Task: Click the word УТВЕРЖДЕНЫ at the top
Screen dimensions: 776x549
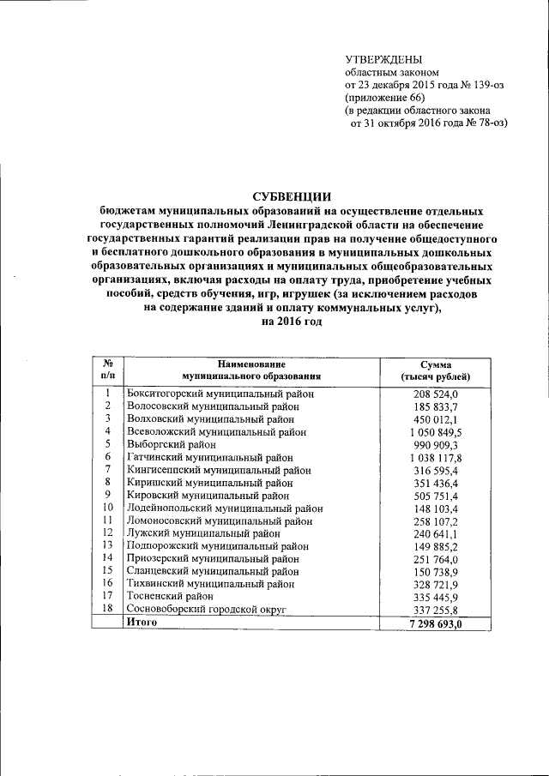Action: (x=383, y=59)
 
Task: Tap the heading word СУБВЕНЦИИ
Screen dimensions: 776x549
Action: (x=292, y=196)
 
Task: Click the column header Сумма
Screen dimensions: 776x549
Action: (x=436, y=364)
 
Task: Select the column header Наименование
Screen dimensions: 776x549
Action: (x=250, y=364)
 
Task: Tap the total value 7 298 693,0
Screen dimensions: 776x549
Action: (x=436, y=623)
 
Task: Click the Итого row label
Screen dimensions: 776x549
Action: (x=142, y=623)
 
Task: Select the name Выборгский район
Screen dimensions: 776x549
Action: (x=172, y=445)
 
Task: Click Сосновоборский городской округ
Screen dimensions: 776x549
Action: (x=205, y=609)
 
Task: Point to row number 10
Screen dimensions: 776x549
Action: (x=108, y=508)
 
